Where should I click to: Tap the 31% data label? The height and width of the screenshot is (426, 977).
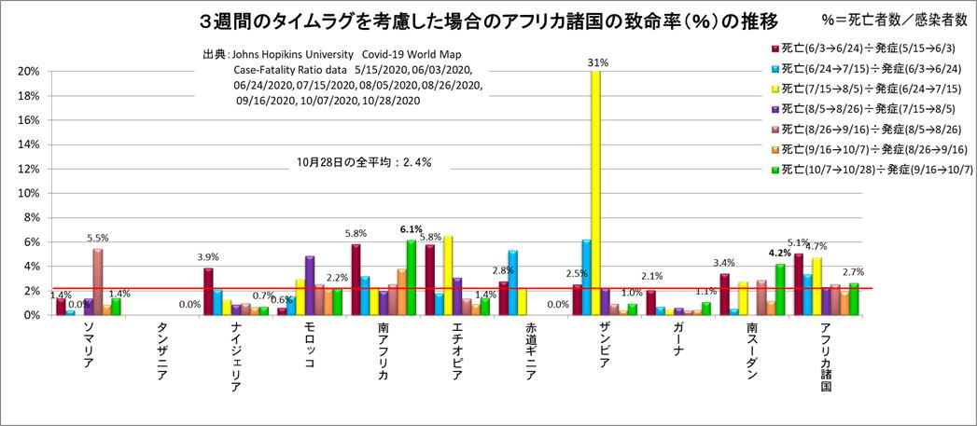(597, 62)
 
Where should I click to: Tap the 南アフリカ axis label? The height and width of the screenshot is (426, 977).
(384, 352)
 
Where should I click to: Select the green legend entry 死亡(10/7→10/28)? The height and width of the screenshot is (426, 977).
(872, 170)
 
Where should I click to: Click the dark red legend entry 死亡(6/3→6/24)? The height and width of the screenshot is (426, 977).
(872, 48)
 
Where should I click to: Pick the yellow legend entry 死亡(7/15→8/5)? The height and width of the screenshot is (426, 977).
(872, 89)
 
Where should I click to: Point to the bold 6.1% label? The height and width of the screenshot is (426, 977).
(411, 229)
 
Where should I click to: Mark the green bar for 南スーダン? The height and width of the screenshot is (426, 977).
(779, 290)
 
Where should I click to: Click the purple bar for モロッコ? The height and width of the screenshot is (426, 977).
(310, 285)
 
